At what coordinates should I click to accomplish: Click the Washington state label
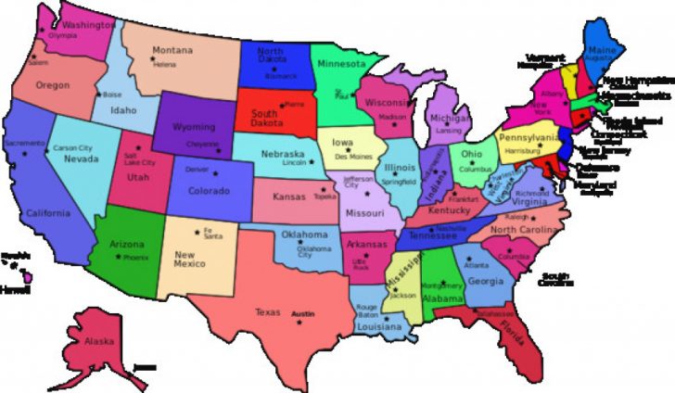click(x=91, y=26)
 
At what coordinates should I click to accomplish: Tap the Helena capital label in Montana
click(x=164, y=65)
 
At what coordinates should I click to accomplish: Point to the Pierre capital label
click(x=295, y=106)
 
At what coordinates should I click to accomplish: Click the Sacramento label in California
click(x=23, y=144)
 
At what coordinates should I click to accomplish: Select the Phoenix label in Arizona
click(x=135, y=257)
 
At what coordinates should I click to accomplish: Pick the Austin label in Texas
click(x=304, y=314)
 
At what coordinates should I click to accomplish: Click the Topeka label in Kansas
click(x=325, y=196)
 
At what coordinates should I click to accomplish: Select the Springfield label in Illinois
click(x=401, y=182)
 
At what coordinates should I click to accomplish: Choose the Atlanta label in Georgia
click(x=478, y=265)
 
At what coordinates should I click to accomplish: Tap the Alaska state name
click(x=100, y=341)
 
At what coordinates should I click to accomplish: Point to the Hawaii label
click(x=14, y=289)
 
